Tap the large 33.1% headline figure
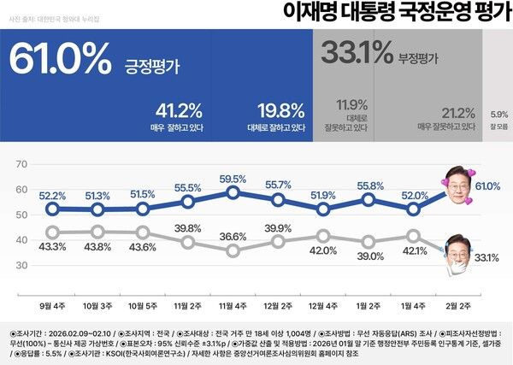click(356, 53)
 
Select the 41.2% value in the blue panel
click(179, 112)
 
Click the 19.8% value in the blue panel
click(281, 112)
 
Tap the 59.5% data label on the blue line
click(233, 179)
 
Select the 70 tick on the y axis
click(24, 162)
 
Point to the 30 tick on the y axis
click(24, 266)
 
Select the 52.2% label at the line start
click(52, 195)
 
